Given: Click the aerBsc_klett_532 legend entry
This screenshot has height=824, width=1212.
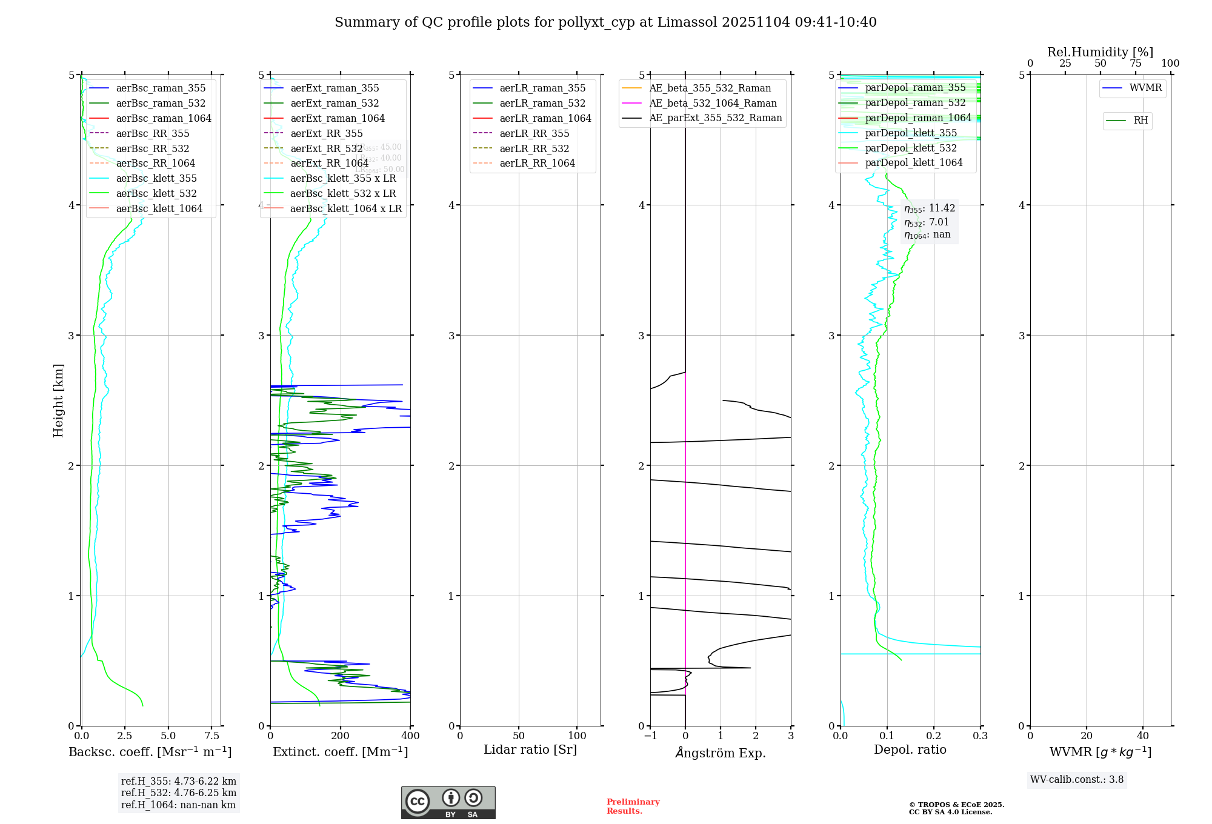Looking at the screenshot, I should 156,193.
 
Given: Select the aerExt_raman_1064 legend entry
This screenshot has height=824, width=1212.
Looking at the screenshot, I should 338,118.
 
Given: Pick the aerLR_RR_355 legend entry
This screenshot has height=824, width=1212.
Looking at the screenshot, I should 534,133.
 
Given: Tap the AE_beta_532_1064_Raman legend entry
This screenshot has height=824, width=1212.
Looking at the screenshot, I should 713,103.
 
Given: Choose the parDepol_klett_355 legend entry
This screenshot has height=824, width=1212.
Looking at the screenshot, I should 911,133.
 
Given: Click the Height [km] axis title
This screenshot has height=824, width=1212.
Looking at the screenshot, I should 58,400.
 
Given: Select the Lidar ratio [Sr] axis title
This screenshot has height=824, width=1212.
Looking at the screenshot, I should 530,749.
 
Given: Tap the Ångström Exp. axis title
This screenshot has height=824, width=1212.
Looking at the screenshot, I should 721,753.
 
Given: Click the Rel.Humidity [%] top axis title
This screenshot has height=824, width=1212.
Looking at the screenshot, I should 1100,52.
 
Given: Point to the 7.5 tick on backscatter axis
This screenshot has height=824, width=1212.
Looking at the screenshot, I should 211,736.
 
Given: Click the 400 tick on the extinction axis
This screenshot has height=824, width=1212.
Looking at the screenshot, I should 410,736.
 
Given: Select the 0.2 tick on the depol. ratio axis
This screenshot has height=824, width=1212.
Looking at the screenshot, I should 934,736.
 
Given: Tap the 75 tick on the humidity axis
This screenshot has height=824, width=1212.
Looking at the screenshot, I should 1135,64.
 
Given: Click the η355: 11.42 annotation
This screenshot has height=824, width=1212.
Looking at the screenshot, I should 930,208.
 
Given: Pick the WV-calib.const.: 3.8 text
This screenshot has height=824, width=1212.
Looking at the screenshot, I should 1077,780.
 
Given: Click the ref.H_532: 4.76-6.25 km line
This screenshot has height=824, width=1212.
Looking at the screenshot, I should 179,792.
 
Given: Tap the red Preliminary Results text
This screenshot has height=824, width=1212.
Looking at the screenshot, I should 633,806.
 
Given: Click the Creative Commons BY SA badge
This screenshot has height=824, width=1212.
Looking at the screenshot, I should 448,802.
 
